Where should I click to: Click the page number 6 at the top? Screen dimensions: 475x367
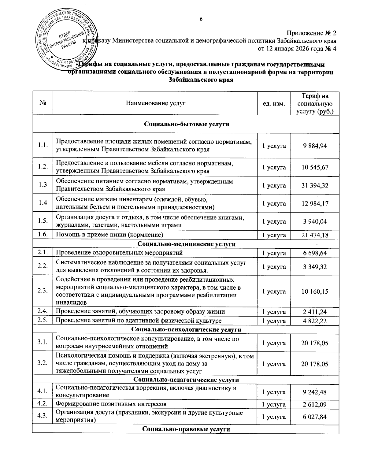click(201, 19)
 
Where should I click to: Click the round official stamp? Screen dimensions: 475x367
click(67, 38)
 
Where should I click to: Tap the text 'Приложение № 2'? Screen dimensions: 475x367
click(311, 33)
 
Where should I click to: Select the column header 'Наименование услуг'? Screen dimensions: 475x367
click(156, 103)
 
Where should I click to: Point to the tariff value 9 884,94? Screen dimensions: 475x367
click(315, 146)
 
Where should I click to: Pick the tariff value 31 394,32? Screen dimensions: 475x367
click(315, 185)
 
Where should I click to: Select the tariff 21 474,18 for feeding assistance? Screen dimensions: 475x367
click(315, 235)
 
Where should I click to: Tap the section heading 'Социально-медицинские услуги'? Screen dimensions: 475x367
click(186, 244)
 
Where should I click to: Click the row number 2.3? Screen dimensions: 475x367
click(43, 291)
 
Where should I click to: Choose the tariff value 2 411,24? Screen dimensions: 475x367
click(315, 312)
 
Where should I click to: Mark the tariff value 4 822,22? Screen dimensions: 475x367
click(315, 321)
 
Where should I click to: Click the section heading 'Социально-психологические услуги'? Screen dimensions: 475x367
click(186, 329)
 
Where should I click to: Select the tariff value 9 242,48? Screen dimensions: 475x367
click(315, 392)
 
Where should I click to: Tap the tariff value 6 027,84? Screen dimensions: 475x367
click(315, 417)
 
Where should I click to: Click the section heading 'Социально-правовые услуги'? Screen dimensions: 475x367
click(186, 429)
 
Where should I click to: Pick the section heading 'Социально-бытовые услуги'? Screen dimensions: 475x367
click(186, 124)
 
